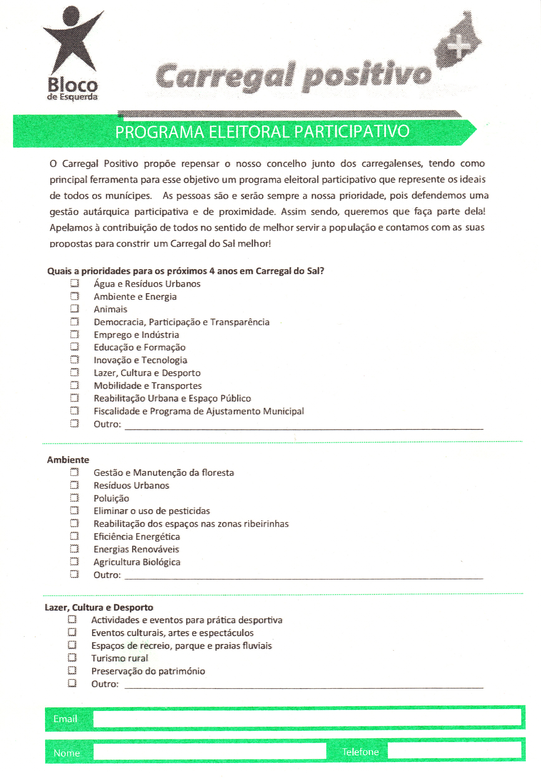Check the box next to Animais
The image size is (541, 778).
pos(74,309)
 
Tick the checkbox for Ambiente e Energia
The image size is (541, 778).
pos(74,296)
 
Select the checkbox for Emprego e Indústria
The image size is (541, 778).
pos(74,334)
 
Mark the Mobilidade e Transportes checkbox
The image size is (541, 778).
pos(74,385)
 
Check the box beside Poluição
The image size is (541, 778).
pos(74,498)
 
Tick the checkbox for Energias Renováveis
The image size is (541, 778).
pos(74,549)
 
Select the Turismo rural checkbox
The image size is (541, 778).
pos(72,658)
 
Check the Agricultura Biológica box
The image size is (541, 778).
pos(74,561)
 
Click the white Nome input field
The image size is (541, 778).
pos(209,752)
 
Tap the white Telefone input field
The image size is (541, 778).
pos(454,751)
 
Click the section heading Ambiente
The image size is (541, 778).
pos(68,460)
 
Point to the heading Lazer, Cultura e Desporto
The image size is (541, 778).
pos(99,607)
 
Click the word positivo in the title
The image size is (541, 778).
pos(367,76)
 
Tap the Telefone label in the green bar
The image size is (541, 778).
pos(360,752)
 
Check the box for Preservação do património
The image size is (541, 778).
pos(72,670)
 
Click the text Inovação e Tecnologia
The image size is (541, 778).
pos(140,360)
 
